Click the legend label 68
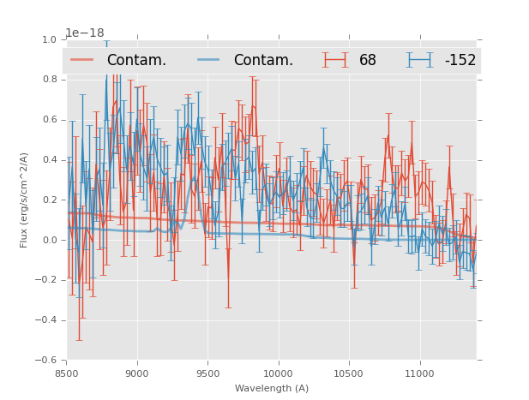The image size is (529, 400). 367,60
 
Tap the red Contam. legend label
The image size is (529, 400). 136,60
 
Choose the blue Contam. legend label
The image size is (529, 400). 263,60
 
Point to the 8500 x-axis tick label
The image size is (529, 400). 67,373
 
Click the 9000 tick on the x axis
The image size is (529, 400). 137,373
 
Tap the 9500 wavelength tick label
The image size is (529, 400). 207,373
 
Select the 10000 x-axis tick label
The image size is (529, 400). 279,373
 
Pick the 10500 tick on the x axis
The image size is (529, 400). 349,373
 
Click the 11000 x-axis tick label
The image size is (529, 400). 419,373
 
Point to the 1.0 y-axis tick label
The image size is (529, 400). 48,39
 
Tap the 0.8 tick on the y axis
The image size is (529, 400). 48,80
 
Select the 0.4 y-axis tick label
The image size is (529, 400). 48,159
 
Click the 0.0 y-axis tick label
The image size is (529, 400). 48,240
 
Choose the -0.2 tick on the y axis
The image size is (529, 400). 45,280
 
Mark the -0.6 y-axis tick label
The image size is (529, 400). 45,361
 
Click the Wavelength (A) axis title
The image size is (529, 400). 272,389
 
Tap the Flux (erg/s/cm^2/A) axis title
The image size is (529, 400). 25,200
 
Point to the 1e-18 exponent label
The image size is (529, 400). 85,33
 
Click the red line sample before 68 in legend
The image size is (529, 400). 335,60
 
